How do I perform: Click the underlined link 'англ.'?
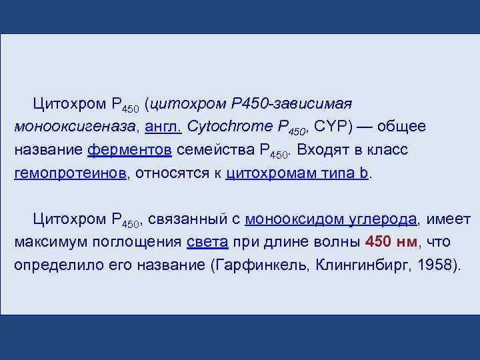click(x=163, y=127)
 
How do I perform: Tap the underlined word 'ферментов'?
click(x=130, y=150)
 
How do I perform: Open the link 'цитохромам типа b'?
click(x=297, y=173)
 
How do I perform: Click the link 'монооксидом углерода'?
click(x=331, y=219)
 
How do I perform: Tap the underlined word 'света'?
click(x=208, y=241)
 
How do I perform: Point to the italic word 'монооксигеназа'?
click(x=63, y=127)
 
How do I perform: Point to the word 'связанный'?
click(x=189, y=219)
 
